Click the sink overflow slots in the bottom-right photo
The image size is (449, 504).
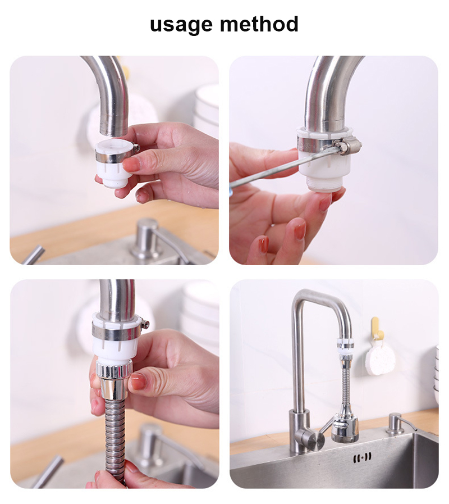(362, 458)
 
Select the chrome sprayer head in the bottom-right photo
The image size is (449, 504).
(344, 427)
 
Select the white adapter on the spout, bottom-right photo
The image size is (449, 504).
(344, 348)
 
